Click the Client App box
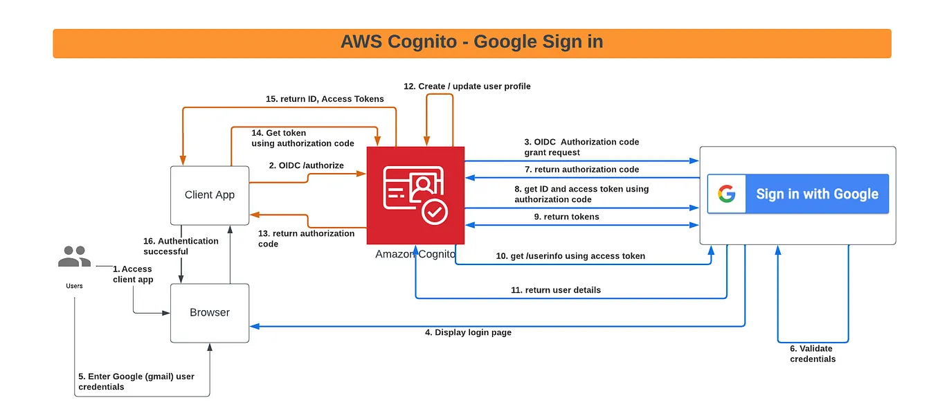point(210,195)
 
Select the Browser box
point(210,313)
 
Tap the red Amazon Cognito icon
point(415,195)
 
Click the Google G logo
point(726,194)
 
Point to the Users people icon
point(74,257)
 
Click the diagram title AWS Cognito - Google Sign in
point(471,42)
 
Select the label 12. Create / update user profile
point(467,87)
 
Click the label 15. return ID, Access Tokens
point(325,99)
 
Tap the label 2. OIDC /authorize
point(306,165)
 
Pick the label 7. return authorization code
point(581,170)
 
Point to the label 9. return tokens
point(567,217)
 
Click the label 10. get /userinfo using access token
point(570,256)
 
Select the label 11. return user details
point(556,290)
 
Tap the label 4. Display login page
point(468,333)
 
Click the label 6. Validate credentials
point(812,354)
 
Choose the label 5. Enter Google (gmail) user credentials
point(136,381)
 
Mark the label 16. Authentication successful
point(181,246)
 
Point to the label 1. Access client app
point(133,274)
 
